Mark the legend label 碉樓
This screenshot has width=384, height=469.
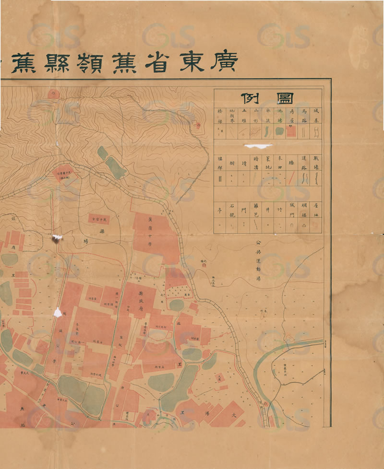click(x=304, y=209)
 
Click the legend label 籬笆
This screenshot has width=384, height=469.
click(x=256, y=209)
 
